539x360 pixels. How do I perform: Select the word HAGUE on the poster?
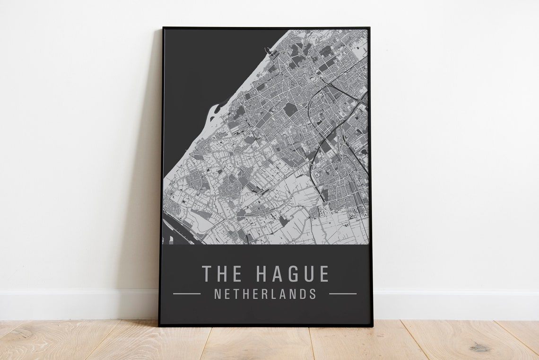coord(292,274)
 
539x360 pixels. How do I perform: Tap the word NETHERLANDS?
coord(265,294)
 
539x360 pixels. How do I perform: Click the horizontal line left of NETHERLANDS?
coord(187,294)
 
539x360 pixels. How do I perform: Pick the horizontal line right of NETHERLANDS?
coord(343,294)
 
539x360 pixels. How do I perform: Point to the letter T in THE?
coord(207,274)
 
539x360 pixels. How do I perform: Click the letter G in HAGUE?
coord(292,274)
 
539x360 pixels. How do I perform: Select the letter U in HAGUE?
coord(308,274)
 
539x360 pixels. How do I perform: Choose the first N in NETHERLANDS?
coord(217,294)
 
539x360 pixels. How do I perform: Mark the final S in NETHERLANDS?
coord(313,294)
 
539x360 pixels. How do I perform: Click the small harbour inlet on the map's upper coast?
coord(270,51)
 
